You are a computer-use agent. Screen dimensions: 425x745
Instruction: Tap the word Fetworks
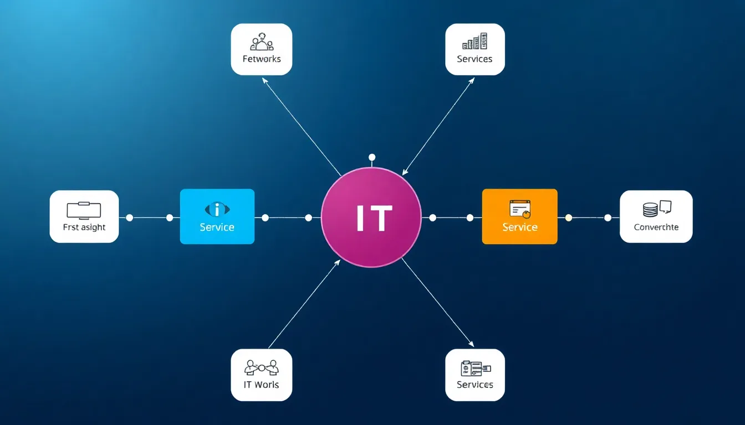tap(262, 59)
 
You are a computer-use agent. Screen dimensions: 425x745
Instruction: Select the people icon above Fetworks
tap(262, 44)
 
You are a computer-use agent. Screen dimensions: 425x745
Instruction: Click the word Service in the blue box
tap(217, 227)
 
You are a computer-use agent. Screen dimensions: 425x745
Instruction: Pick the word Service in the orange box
tap(520, 227)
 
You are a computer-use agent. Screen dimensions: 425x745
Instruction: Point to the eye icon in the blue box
tap(217, 209)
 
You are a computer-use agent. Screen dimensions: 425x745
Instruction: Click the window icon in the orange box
tap(520, 209)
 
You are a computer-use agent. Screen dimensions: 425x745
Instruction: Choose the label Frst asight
tap(84, 227)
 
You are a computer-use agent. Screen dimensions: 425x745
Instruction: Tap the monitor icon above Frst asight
tap(84, 210)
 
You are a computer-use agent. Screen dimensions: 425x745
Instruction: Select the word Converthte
tap(656, 227)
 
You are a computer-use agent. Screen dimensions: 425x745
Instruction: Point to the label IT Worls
tap(262, 385)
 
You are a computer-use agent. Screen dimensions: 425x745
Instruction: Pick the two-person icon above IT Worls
tap(262, 367)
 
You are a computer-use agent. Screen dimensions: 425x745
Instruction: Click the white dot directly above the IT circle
tap(372, 157)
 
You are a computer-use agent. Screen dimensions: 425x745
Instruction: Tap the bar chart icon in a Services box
tap(474, 42)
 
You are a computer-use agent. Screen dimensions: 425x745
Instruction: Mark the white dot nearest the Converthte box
tap(608, 217)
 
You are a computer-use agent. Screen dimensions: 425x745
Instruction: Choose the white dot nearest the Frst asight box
tap(130, 217)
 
